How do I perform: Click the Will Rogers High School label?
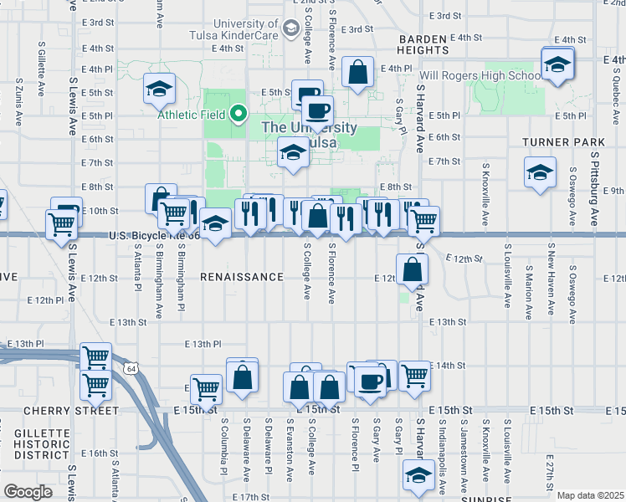480,76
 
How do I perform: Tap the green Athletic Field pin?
239,114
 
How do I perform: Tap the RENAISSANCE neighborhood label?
241,277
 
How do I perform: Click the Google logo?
28,492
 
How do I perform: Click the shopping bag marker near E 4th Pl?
357,73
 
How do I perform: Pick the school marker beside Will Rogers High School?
557,63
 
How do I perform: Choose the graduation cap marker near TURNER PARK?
540,173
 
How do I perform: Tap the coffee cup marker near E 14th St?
368,381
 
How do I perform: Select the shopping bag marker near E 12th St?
413,269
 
